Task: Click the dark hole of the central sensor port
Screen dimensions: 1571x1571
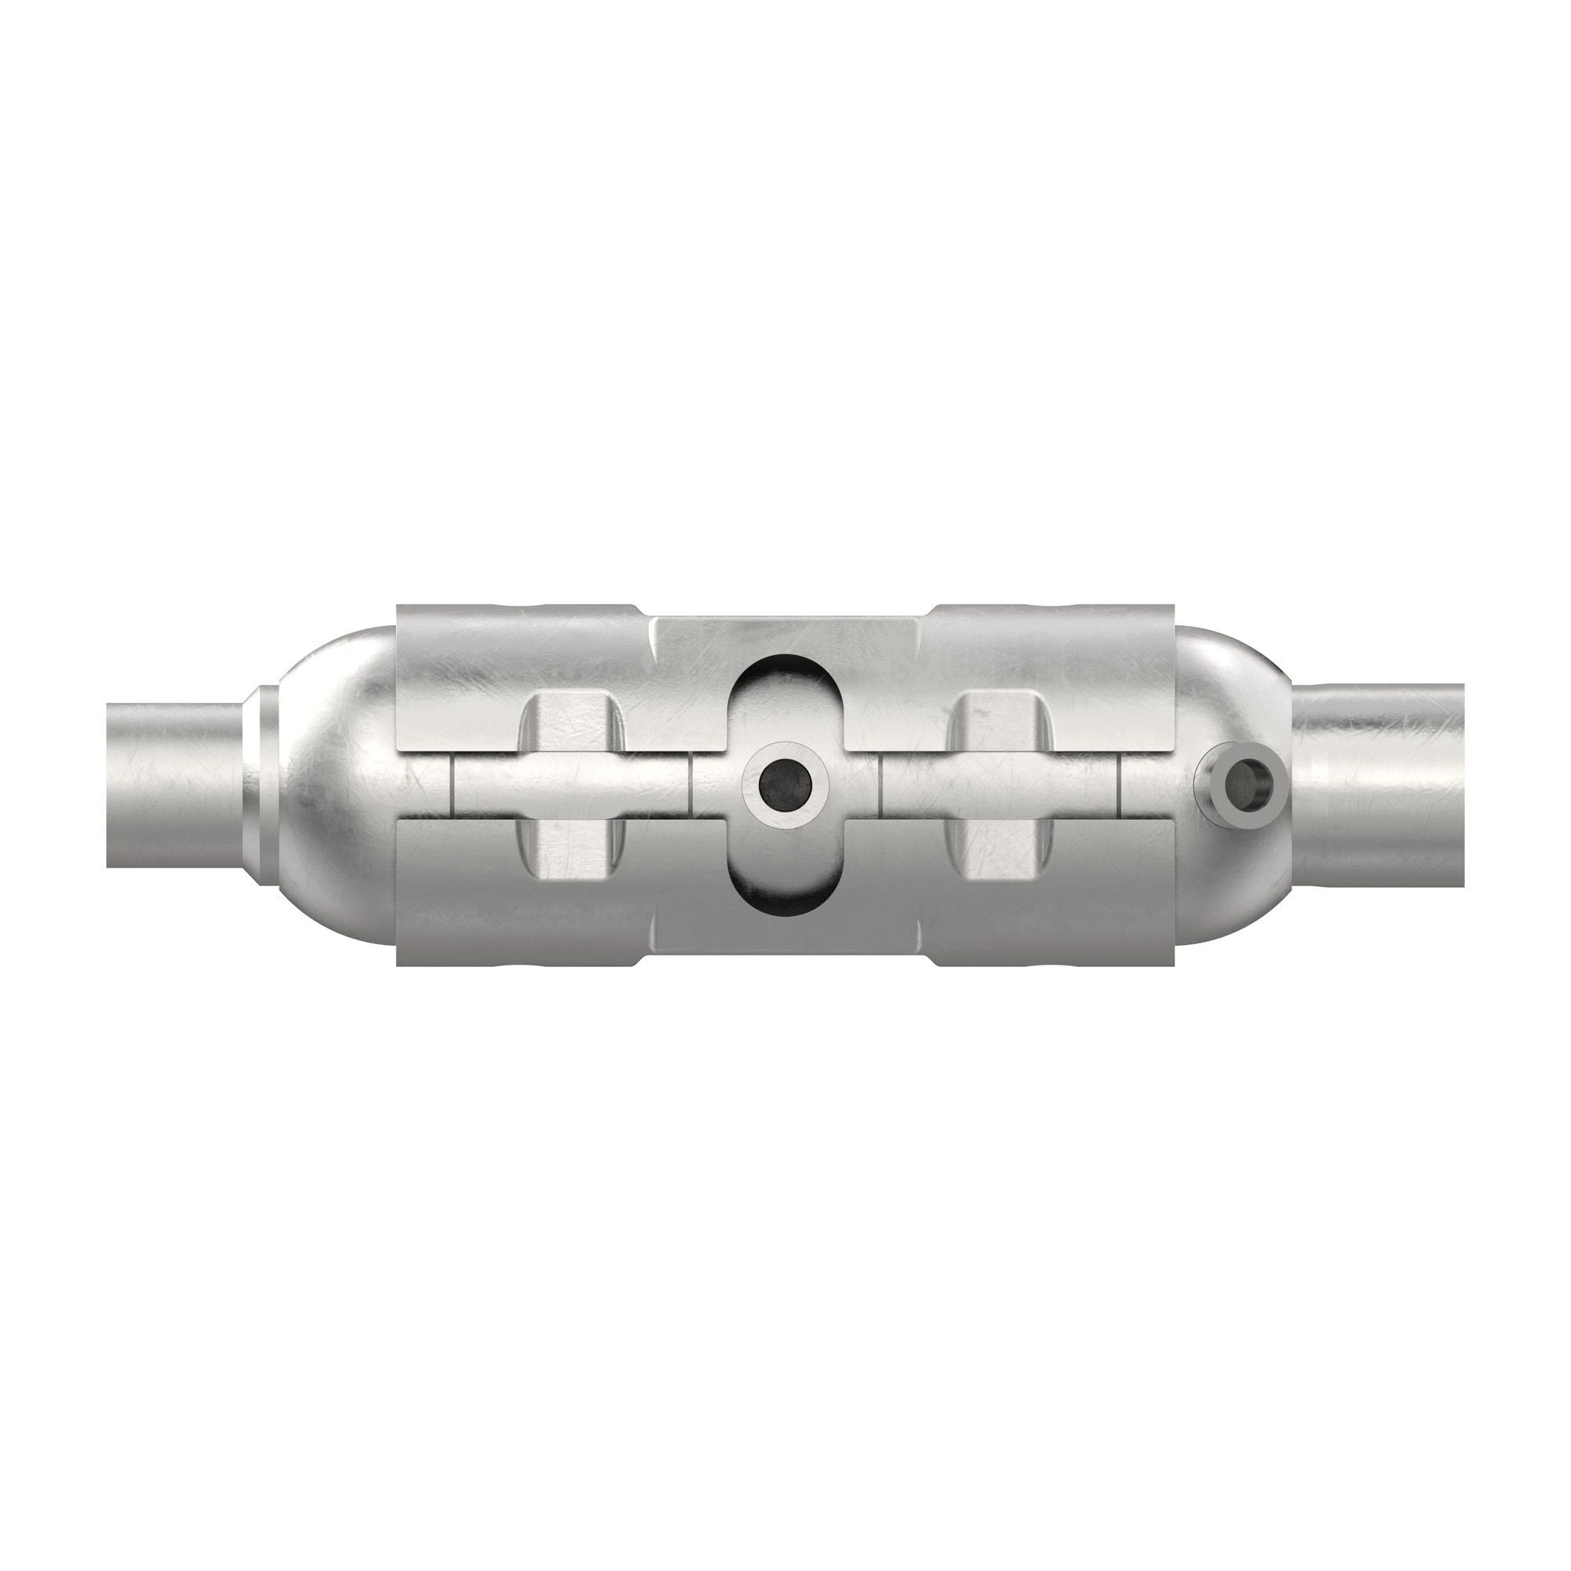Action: pos(785,784)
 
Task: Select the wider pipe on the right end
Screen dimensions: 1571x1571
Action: pos(1382,785)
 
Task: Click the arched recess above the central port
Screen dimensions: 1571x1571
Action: pos(785,699)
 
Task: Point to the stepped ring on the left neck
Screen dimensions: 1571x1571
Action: pos(258,785)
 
